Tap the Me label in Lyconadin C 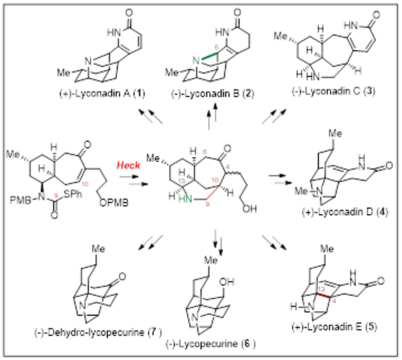(282, 35)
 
